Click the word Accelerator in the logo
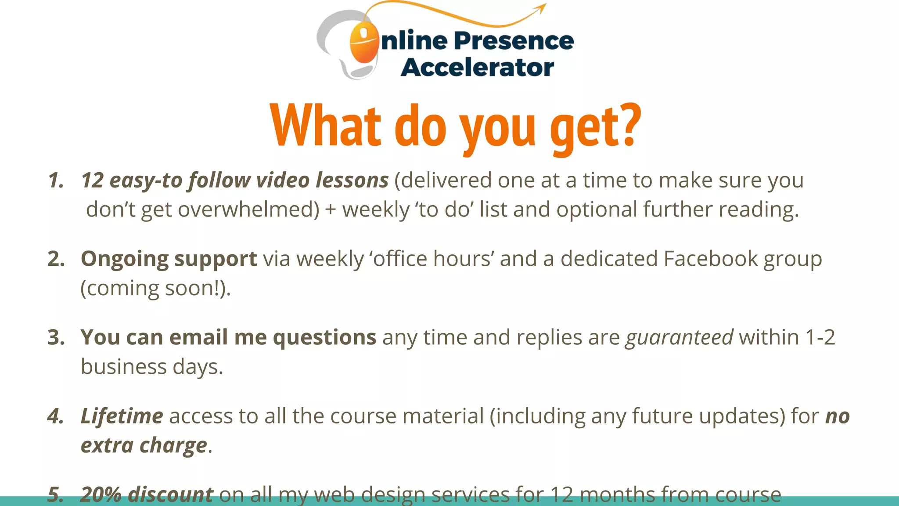tap(477, 68)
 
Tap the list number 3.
tap(56, 337)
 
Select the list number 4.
tap(55, 416)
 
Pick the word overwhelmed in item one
tap(248, 210)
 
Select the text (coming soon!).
tap(155, 289)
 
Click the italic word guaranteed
tap(679, 338)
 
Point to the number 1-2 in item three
tap(820, 337)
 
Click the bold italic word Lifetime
tap(122, 416)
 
